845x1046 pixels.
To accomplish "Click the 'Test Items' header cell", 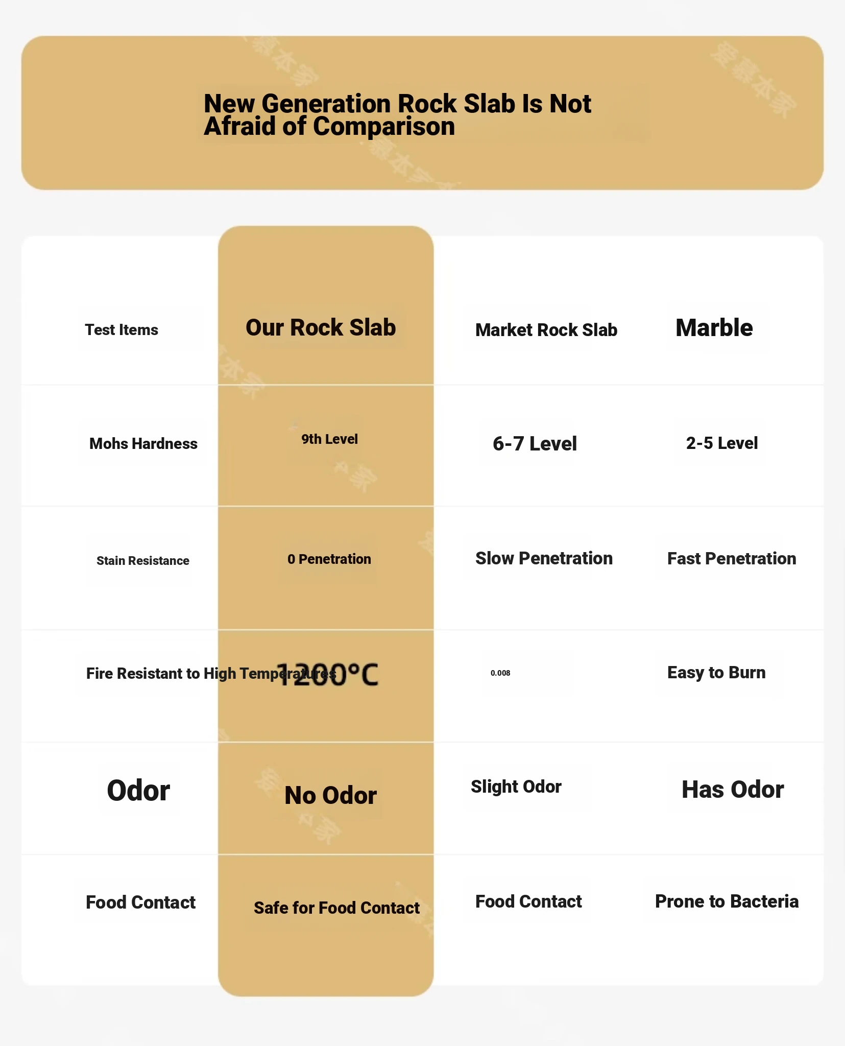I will pyautogui.click(x=122, y=330).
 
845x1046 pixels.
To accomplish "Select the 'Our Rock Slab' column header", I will pyautogui.click(x=321, y=328).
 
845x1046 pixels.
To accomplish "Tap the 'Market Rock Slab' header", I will pyautogui.click(x=546, y=330).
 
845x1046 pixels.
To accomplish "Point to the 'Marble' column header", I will pyautogui.click(x=714, y=328).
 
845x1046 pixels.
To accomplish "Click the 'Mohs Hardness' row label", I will pyautogui.click(x=143, y=444).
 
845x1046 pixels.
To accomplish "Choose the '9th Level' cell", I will pyautogui.click(x=329, y=439).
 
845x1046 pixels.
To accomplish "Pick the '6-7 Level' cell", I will pyautogui.click(x=535, y=444).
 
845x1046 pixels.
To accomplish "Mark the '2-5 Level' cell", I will pyautogui.click(x=721, y=443).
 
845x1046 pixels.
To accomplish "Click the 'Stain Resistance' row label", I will pyautogui.click(x=143, y=561).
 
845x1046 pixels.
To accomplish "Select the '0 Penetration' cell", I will pyautogui.click(x=329, y=559).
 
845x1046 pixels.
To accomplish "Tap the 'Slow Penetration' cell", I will pyautogui.click(x=544, y=559).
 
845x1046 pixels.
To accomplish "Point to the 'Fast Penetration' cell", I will pyautogui.click(x=731, y=559).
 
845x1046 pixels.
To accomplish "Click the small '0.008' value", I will pyautogui.click(x=500, y=673).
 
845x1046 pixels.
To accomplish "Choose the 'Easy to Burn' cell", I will pyautogui.click(x=716, y=673).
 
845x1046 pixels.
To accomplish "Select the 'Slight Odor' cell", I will pyautogui.click(x=516, y=787).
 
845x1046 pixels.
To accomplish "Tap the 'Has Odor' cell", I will pyautogui.click(x=732, y=790).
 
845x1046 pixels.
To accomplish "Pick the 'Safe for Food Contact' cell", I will pyautogui.click(x=336, y=908).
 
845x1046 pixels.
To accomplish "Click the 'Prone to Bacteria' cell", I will pyautogui.click(x=727, y=901).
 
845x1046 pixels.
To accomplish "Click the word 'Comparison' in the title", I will pyautogui.click(x=383, y=127).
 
